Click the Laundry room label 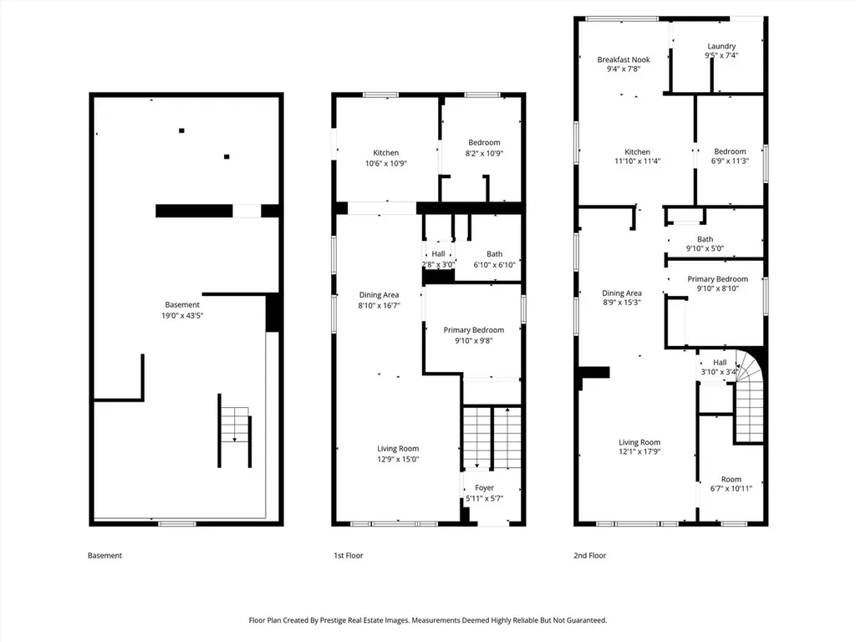point(721,47)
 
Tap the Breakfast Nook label point(624,59)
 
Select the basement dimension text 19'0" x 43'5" point(182,315)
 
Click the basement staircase point(235,431)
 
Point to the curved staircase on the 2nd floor point(750,395)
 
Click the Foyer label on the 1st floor point(484,487)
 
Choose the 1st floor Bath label point(495,254)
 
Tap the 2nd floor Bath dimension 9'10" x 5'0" point(705,248)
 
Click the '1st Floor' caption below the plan point(349,555)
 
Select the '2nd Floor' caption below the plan point(589,555)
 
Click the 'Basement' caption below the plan point(104,555)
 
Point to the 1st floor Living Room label point(398,449)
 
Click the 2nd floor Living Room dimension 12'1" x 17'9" point(639,451)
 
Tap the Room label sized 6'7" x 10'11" point(731,479)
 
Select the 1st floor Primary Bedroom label point(473,329)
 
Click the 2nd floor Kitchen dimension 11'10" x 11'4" point(638,161)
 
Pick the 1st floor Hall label point(438,254)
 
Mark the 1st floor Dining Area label point(379,295)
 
